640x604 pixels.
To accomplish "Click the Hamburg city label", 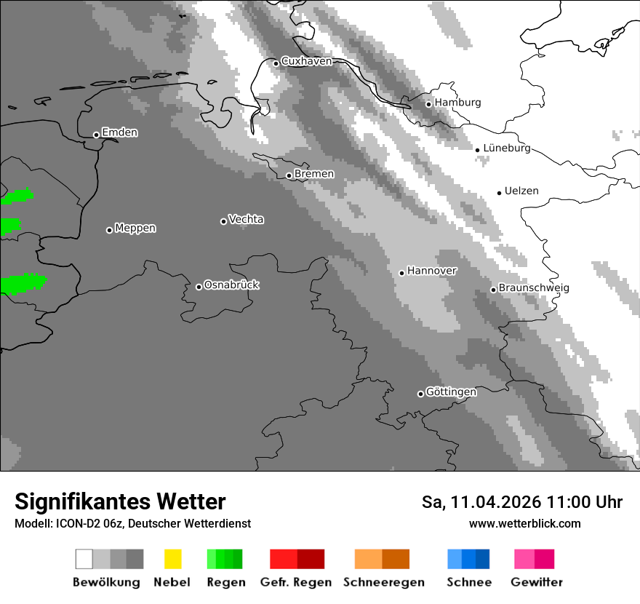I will [x=457, y=103].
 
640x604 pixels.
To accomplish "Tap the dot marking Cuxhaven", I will [x=276, y=63].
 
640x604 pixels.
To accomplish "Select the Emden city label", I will [x=119, y=132].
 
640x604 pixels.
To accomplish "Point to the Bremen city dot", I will [x=289, y=175].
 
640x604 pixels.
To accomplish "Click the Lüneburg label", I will [x=506, y=148].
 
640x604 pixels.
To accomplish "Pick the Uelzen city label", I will [x=521, y=191].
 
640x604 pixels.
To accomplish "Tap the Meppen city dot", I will [x=109, y=230].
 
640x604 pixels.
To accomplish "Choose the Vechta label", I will [x=246, y=219].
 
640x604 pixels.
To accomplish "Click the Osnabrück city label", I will [x=231, y=285].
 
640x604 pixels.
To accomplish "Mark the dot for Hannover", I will [x=401, y=273].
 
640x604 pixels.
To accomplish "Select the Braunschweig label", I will [x=534, y=288].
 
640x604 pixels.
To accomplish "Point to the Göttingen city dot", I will [x=420, y=394].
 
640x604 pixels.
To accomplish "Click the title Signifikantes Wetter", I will [x=120, y=501].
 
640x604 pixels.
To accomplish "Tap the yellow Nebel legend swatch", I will [x=172, y=559].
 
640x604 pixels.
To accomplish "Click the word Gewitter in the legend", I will [x=537, y=582].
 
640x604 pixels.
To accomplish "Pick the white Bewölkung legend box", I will [x=84, y=559].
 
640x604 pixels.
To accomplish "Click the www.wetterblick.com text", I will [x=524, y=523].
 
